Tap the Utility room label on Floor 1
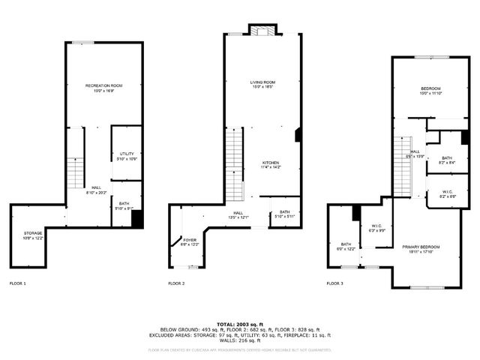(x=126, y=156)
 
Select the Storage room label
(x=33, y=235)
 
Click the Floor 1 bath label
(x=124, y=205)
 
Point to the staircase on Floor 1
(x=76, y=174)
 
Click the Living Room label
(x=262, y=84)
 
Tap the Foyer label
(x=190, y=242)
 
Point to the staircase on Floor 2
(x=234, y=165)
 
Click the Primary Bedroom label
(x=420, y=249)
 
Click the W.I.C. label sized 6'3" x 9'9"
(x=377, y=228)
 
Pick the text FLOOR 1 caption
(x=17, y=283)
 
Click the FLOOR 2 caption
(x=176, y=283)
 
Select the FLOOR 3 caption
(x=334, y=283)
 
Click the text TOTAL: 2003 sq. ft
(x=239, y=323)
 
